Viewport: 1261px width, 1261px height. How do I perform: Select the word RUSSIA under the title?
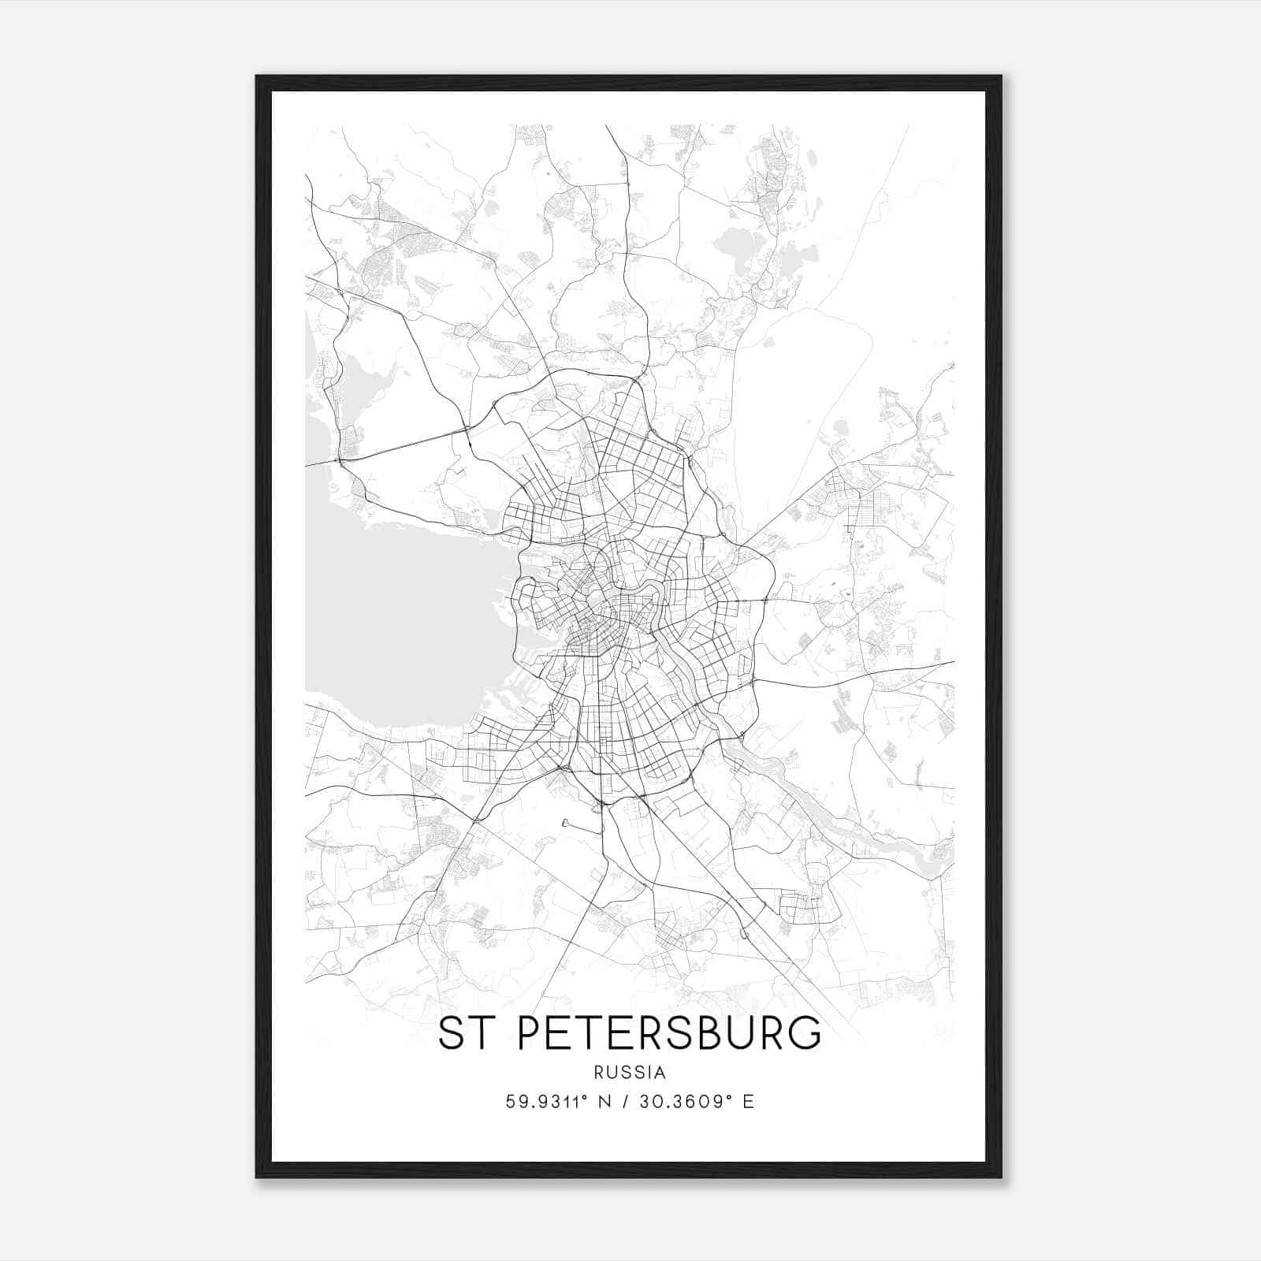630,1073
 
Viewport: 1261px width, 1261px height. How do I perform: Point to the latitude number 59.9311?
543,1102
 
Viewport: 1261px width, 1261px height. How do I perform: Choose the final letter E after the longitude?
748,1102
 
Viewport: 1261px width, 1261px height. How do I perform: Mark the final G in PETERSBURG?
803,1033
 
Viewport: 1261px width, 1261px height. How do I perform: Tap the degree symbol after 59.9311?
585,1096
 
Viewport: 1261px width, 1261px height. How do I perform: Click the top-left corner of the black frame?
257,77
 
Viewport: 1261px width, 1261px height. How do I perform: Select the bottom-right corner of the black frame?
1000,1177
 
